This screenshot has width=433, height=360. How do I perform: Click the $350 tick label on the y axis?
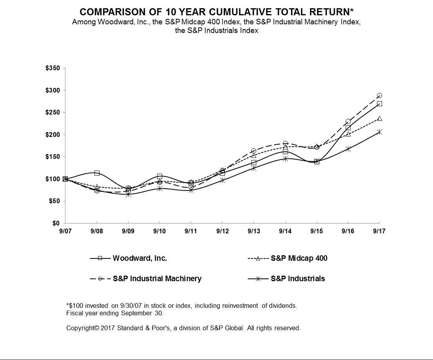click(x=53, y=69)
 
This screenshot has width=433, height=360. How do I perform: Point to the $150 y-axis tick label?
click(x=53, y=157)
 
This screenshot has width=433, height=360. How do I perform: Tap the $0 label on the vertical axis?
click(x=56, y=224)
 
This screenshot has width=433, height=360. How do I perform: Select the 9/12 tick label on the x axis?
click(x=222, y=231)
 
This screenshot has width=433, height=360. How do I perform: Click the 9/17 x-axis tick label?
click(x=379, y=231)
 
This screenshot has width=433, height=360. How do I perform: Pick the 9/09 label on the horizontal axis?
click(x=128, y=231)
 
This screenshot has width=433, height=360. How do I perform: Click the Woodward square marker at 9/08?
click(x=97, y=173)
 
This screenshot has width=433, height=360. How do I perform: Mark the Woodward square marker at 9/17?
click(x=379, y=104)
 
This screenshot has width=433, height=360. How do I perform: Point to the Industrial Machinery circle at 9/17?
click(x=379, y=96)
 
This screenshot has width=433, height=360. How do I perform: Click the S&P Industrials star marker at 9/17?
click(x=379, y=132)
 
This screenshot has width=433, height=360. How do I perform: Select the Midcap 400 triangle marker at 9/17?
click(x=379, y=118)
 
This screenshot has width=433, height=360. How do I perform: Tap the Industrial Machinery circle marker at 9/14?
click(x=285, y=144)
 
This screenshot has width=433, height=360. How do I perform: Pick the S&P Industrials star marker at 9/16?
click(x=348, y=149)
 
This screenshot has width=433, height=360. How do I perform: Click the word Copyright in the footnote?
click(x=80, y=328)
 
